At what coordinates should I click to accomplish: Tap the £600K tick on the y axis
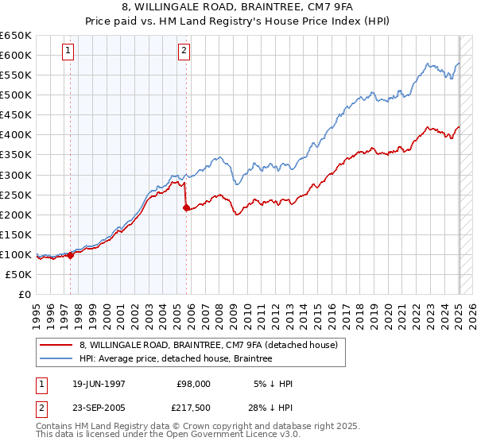15,55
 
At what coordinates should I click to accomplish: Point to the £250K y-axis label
15,195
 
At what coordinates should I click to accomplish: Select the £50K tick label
18,274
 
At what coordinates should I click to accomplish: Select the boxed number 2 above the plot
184,51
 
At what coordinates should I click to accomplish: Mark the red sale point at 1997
71,255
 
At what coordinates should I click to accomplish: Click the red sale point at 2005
186,207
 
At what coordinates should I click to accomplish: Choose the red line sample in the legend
56,346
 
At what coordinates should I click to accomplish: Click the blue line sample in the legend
56,359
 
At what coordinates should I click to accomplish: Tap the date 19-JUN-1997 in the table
99,384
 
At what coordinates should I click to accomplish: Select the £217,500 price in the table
193,408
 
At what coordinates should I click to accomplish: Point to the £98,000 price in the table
193,384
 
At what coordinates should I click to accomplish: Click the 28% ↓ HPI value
270,408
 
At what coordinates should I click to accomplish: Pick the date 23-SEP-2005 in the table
99,408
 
